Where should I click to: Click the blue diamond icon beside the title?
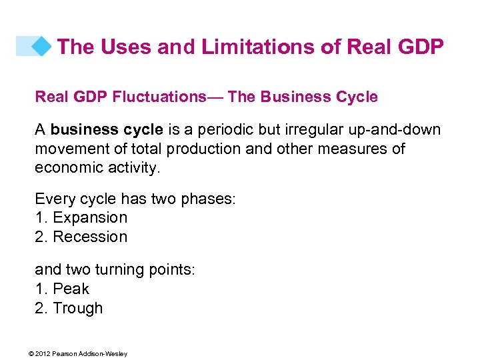pos(42,46)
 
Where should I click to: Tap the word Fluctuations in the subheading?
pos(159,97)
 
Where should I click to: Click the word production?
pos(205,149)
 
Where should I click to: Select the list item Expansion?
pos(89,218)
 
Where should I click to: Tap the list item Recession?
pos(89,237)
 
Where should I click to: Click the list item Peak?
pos(71,289)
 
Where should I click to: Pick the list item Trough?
pos(77,309)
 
